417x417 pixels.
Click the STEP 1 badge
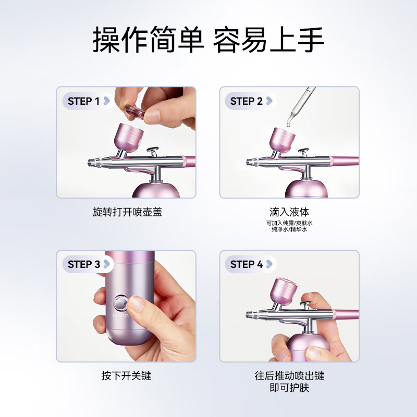[x=88, y=101]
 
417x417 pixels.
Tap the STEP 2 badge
[x=250, y=101]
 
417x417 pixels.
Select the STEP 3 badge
[x=88, y=264]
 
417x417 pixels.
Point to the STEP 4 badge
[x=250, y=264]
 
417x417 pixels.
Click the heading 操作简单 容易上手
[x=208, y=40]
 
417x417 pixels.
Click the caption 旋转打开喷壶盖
[x=127, y=212]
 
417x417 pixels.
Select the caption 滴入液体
[x=289, y=212]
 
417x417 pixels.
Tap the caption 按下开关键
[x=126, y=375]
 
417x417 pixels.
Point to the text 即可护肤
[x=289, y=387]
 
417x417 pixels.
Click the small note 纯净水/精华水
[x=289, y=229]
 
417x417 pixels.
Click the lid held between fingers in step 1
[x=134, y=112]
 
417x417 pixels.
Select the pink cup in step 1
[x=129, y=138]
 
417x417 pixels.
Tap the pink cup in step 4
[x=284, y=291]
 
